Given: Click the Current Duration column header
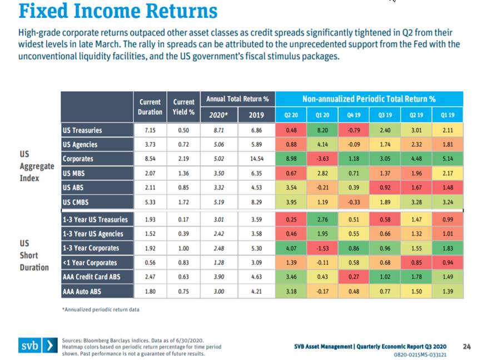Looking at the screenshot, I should pyautogui.click(x=150, y=107).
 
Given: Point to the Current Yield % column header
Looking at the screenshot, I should pyautogui.click(x=183, y=107).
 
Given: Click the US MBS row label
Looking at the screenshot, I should pyautogui.click(x=74, y=173).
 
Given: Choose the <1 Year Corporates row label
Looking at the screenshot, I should pyautogui.click(x=90, y=263).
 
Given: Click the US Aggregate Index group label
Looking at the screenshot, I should pyautogui.click(x=37, y=166).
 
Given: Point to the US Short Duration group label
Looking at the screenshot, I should pyautogui.click(x=33, y=255).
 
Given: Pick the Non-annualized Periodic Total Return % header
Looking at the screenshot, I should pyautogui.click(x=369, y=99).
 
